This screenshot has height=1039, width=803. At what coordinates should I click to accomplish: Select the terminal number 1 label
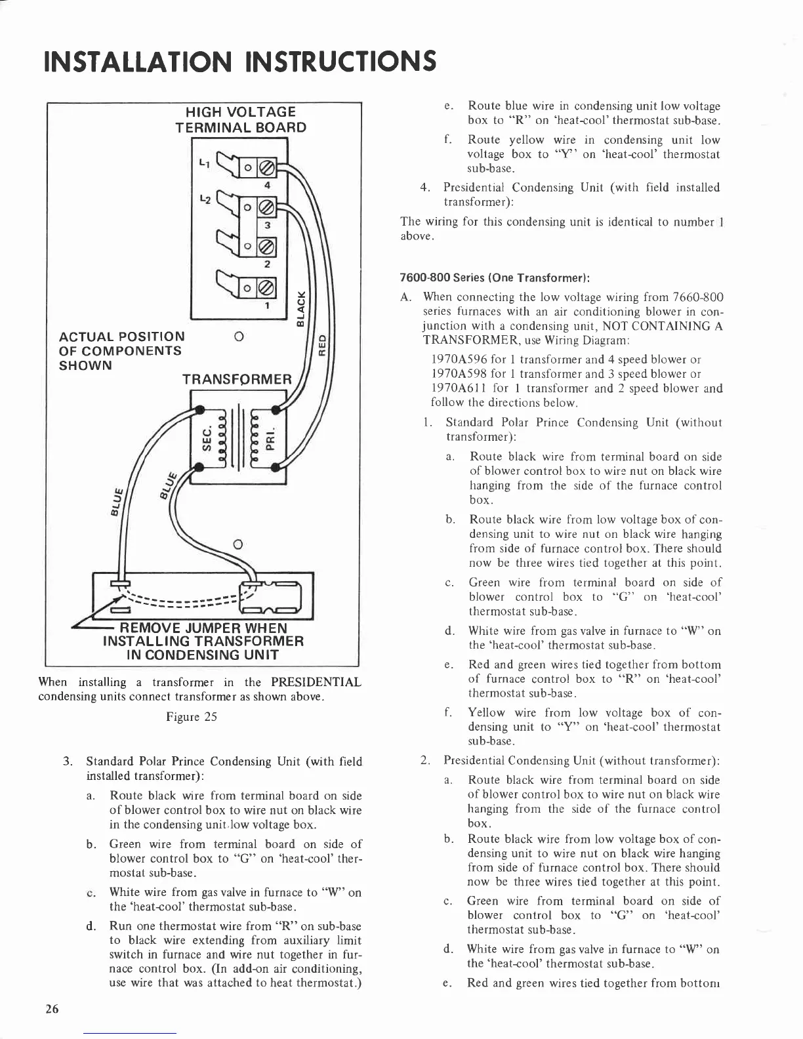pyautogui.click(x=267, y=305)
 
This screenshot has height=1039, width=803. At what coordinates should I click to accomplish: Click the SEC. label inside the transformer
pyautogui.click(x=205, y=436)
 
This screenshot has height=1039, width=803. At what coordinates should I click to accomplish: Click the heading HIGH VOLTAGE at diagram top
pyautogui.click(x=241, y=112)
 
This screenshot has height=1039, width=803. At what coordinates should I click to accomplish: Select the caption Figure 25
pyautogui.click(x=192, y=716)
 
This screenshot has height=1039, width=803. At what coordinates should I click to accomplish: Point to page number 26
pyautogui.click(x=52, y=1009)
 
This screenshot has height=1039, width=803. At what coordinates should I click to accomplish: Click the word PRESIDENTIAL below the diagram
pyautogui.click(x=316, y=682)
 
